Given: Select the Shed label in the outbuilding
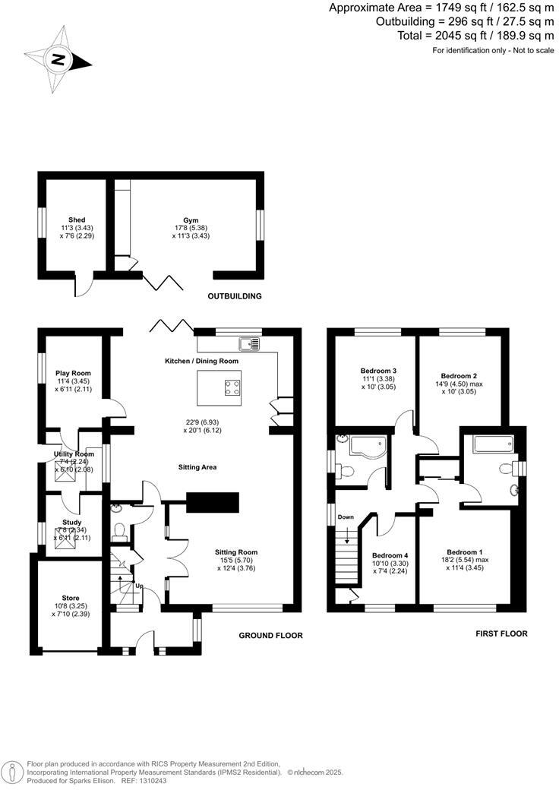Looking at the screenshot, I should coord(77,220).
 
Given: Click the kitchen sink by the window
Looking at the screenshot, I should coord(249,343).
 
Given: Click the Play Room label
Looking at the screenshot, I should coord(73,373).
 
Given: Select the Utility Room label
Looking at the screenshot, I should coord(74,453).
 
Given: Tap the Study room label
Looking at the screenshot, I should coord(73,523).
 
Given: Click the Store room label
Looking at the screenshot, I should coord(71,598).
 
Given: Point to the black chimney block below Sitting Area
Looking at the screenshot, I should coord(213,502).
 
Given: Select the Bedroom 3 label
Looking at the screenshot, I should coord(378,371).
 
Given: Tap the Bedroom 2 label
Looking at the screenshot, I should coord(459,375).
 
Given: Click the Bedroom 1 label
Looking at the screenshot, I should coord(464,551).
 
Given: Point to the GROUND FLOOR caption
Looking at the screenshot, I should coord(270,635).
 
